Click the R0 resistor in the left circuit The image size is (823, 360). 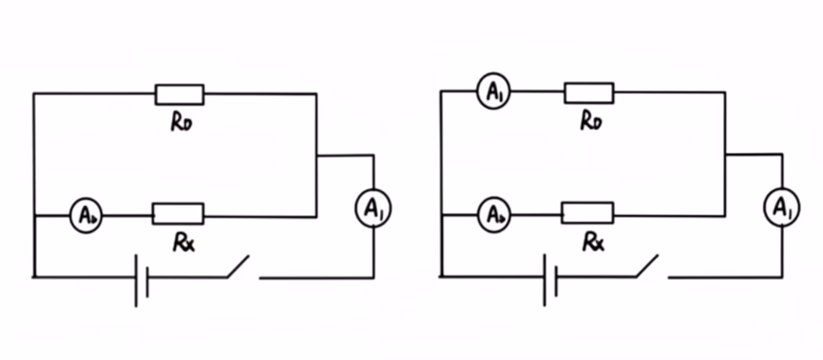pyautogui.click(x=179, y=94)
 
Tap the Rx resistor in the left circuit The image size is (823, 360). pyautogui.click(x=178, y=213)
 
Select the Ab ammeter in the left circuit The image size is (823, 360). pyautogui.click(x=86, y=215)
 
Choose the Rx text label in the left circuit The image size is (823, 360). pyautogui.click(x=184, y=243)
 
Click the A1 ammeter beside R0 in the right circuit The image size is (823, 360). pyautogui.click(x=493, y=93)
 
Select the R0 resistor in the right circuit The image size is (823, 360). pyautogui.click(x=589, y=93)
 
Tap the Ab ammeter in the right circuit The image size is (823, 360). pyautogui.click(x=494, y=215)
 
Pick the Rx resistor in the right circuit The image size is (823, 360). pyautogui.click(x=587, y=213)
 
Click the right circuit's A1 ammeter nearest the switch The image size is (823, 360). pyautogui.click(x=782, y=208)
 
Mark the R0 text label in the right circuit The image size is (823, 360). pyautogui.click(x=591, y=122)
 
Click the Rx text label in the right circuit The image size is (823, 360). pyautogui.click(x=594, y=242)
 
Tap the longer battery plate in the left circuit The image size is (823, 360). pyautogui.click(x=136, y=281)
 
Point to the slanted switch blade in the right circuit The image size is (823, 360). pyautogui.click(x=647, y=266)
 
